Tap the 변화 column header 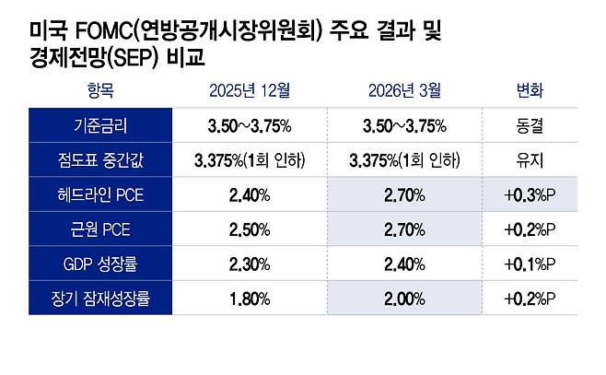[530, 90]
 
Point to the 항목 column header [99, 90]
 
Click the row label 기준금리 [99, 125]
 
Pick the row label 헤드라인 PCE [99, 194]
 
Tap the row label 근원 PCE [99, 229]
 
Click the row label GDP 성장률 [99, 264]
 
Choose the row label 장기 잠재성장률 [99, 299]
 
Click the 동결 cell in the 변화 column [530, 125]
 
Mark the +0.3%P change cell [530, 194]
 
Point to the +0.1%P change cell [530, 264]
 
